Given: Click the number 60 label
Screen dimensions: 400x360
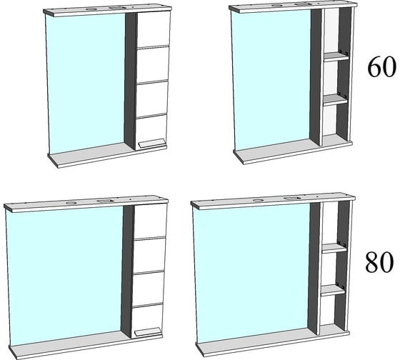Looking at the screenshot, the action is [x=382, y=67].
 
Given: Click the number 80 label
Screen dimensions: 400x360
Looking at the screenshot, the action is [x=379, y=263].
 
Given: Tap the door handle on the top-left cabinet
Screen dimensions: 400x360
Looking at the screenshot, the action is [x=151, y=144].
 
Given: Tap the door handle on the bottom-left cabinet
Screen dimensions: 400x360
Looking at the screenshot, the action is [x=148, y=332].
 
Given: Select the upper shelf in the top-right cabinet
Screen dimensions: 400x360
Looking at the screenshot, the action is [x=336, y=56].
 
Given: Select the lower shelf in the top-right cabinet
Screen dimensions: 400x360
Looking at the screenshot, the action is [x=336, y=100].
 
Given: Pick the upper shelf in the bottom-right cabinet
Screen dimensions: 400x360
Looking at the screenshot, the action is [x=334, y=249].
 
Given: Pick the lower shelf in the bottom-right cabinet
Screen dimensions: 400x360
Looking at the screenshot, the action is [x=333, y=290].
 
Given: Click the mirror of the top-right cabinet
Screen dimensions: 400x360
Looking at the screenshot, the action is [x=271, y=80].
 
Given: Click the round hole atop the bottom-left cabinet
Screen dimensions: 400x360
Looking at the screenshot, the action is [x=71, y=203].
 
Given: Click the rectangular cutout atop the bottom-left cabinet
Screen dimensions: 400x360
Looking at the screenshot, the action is [x=104, y=201].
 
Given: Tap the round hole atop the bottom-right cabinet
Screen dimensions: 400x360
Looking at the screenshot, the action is [x=258, y=200].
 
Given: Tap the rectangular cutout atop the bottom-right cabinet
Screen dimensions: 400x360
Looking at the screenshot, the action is [x=291, y=198].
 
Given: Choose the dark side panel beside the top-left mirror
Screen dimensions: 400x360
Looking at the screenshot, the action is [x=130, y=81].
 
